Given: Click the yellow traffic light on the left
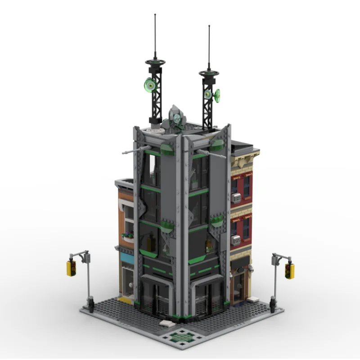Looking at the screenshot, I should pyautogui.click(x=71, y=267).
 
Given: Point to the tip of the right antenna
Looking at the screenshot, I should pyautogui.click(x=209, y=26).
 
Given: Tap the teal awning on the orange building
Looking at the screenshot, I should pyautogui.click(x=126, y=260).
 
